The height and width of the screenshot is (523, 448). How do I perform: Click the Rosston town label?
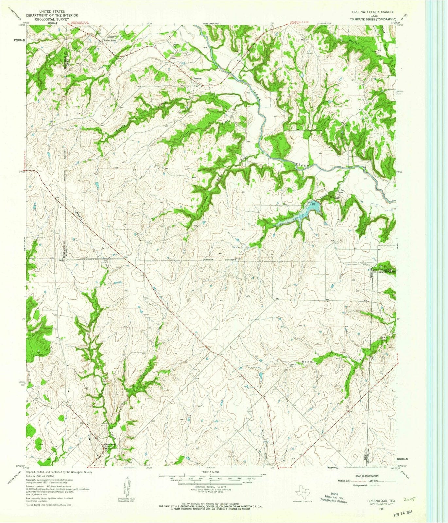(197, 79)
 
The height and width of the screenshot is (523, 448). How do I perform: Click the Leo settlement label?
(334, 191)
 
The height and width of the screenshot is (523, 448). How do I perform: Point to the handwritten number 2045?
(408, 500)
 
